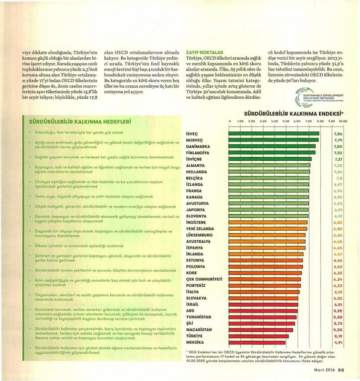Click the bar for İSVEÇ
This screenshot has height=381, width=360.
coord(273,134)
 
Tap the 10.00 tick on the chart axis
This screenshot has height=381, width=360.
coord(343,121)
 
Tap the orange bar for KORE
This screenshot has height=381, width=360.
coord(266,273)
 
